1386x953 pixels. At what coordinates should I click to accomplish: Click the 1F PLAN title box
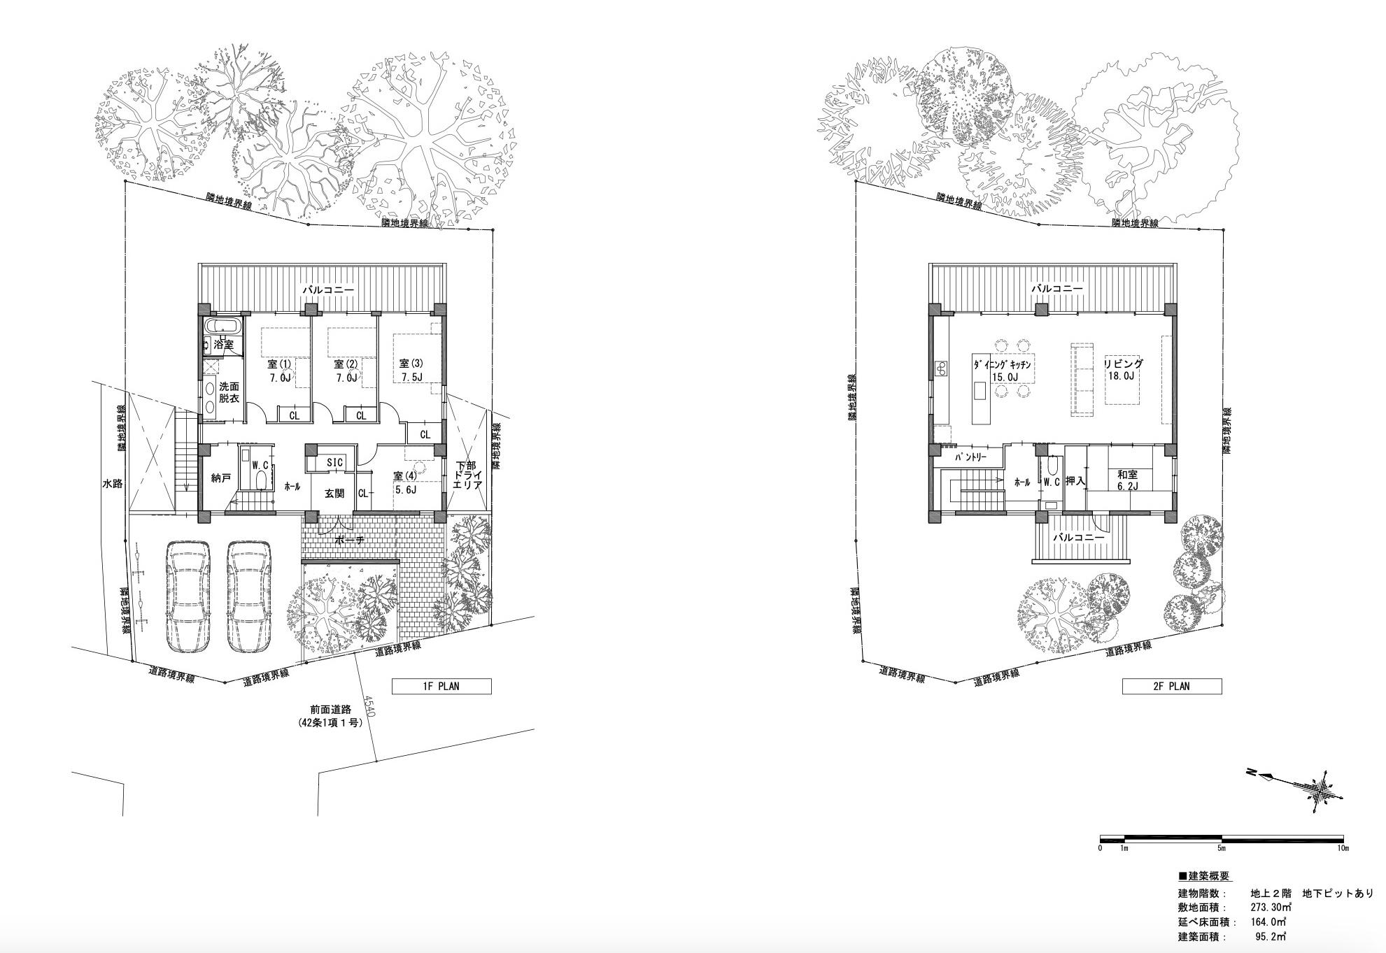441,686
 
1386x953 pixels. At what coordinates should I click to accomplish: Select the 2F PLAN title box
1172,686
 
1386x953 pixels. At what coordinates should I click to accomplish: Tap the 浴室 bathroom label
224,345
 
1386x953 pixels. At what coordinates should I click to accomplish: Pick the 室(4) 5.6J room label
405,482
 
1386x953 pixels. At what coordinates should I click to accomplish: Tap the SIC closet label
335,463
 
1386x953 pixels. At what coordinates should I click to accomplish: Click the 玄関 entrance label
334,494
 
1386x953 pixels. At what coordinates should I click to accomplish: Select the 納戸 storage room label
221,478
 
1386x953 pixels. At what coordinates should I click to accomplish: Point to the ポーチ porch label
350,540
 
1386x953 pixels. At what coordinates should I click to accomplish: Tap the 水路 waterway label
112,483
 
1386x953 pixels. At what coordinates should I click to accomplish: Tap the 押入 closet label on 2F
1075,482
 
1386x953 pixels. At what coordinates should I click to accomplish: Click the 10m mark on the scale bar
1343,848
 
